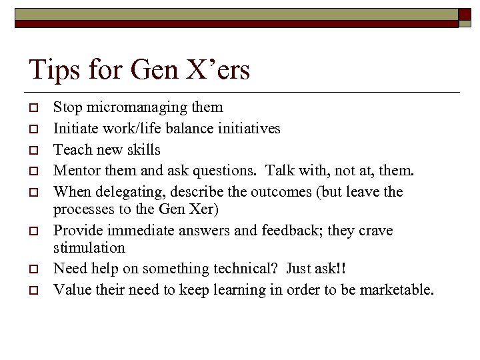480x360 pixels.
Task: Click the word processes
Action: [x=81, y=209]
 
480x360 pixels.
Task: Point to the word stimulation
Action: [x=89, y=247]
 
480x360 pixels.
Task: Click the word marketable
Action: [x=396, y=290]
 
